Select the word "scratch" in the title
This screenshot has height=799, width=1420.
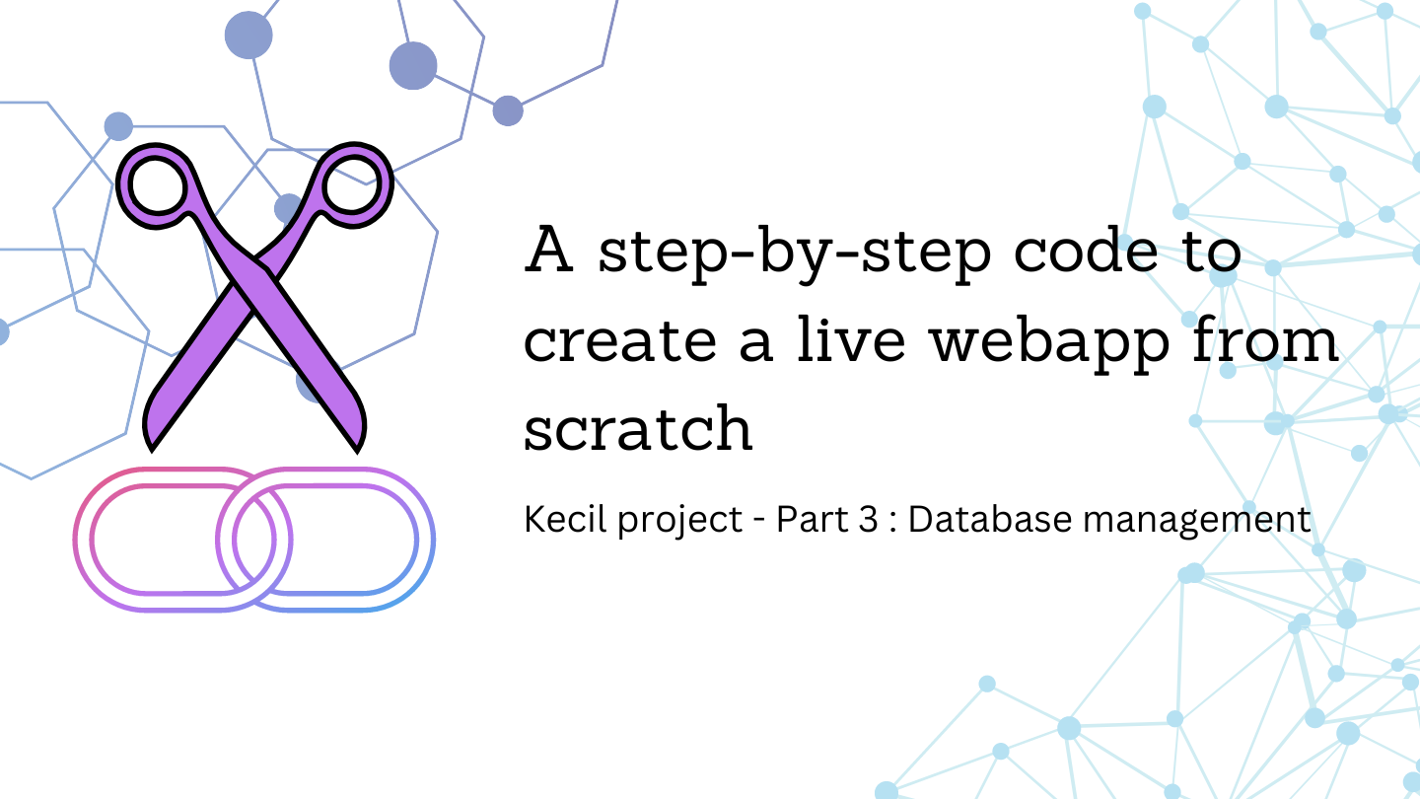(638, 429)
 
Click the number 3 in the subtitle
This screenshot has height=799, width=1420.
(867, 520)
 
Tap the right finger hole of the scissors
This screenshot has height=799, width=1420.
(353, 185)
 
